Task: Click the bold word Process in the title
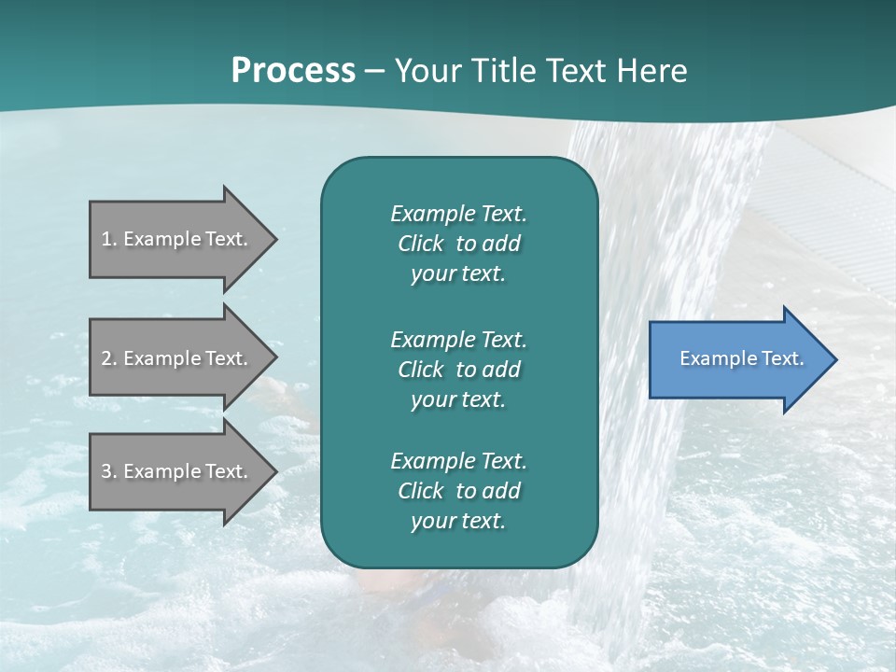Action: pyautogui.click(x=293, y=71)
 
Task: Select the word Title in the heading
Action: pyautogui.click(x=499, y=71)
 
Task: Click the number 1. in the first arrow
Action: pyautogui.click(x=108, y=239)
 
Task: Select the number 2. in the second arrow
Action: pyautogui.click(x=108, y=358)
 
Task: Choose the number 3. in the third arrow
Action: pyautogui.click(x=108, y=471)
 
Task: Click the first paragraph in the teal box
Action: pyautogui.click(x=458, y=244)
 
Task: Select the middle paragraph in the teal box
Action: pyautogui.click(x=458, y=370)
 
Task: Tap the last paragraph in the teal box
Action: pyautogui.click(x=458, y=491)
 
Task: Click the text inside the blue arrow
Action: pyautogui.click(x=742, y=358)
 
